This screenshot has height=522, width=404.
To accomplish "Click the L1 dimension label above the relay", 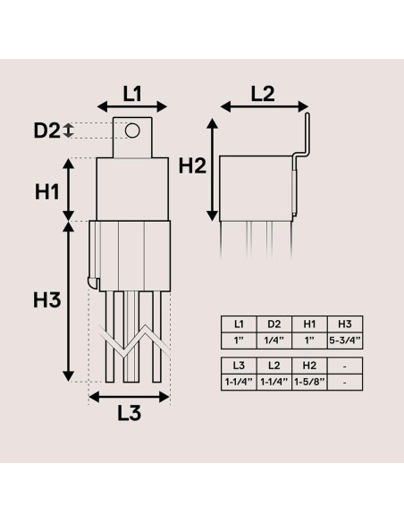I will tap(132, 91).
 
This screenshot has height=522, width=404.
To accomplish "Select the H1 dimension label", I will tap(47, 189).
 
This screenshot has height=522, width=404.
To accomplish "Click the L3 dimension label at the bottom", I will tap(130, 414).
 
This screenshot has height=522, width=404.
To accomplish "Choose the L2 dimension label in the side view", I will tap(264, 91).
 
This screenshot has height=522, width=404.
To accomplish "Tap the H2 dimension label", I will tap(192, 165).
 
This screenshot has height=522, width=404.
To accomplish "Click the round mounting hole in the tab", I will tap(132, 131).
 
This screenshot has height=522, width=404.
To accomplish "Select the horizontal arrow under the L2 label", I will tap(264, 107).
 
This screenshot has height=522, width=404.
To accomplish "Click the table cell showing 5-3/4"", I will tap(344, 341).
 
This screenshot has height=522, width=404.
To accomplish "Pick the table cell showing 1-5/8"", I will tap(309, 383).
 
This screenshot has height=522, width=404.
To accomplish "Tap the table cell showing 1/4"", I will tap(274, 341).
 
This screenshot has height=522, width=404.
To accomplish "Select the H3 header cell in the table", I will tap(344, 324).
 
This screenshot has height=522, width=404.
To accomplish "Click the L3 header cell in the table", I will tap(239, 365).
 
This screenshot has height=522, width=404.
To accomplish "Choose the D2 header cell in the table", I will tap(274, 324).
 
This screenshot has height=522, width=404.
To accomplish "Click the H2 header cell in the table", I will tap(309, 365).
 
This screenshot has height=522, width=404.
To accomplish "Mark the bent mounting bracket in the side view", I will tap(303, 143).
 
